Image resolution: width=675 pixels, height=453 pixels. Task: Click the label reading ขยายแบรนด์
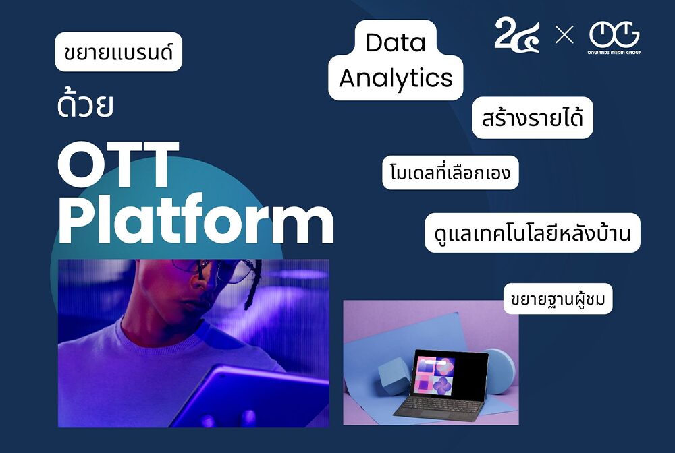[118, 52]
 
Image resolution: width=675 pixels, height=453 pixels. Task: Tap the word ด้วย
[85, 107]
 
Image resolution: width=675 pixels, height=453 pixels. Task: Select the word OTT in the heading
[119, 165]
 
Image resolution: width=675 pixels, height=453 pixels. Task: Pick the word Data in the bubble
[396, 43]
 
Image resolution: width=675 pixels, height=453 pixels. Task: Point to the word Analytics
[396, 78]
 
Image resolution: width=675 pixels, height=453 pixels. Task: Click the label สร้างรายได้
[533, 118]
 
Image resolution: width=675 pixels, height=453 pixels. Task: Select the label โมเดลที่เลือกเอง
[450, 173]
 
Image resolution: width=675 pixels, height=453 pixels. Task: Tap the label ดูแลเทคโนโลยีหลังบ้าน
[533, 233]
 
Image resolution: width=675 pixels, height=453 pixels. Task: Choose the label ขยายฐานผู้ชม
[558, 299]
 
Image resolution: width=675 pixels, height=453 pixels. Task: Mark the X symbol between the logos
[564, 35]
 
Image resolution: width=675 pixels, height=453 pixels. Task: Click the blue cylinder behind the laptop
[500, 371]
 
